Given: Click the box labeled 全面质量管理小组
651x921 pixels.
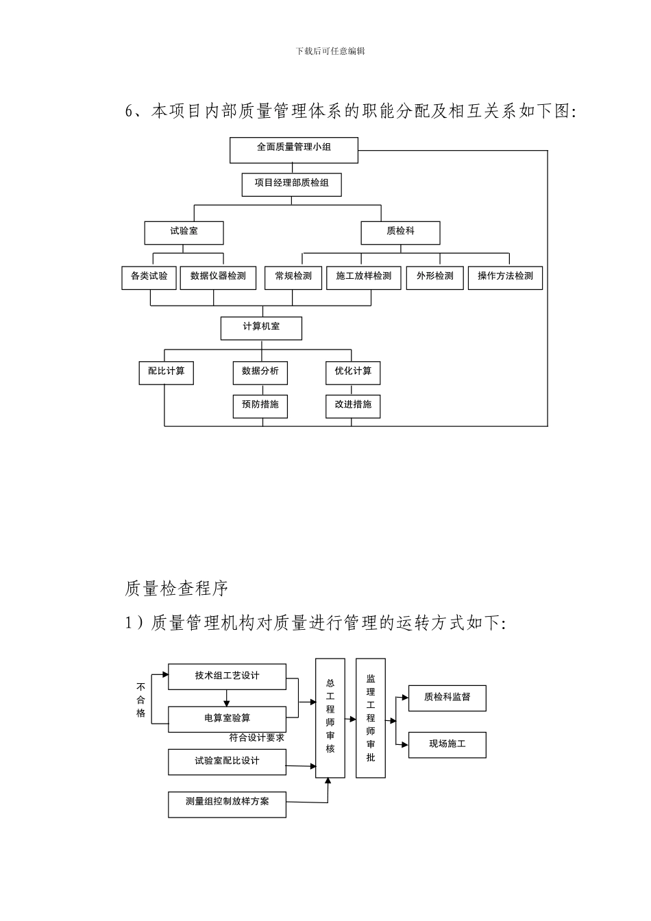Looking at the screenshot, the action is pos(293,150).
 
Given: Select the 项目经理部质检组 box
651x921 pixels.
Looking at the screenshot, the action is pos(291,184).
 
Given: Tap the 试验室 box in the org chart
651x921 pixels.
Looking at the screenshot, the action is pos(184,232).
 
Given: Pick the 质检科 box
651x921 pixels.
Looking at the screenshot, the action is pos(400,232).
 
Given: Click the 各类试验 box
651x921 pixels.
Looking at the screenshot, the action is pos(149,278).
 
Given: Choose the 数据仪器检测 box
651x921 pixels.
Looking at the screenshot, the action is pos(218,278).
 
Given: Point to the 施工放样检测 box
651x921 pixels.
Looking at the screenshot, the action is pos(363,278).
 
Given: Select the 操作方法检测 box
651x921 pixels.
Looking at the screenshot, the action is pos(505,278).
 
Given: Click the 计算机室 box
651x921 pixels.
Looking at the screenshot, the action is pos(261,328).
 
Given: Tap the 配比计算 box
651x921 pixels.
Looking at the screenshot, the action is pos(166,372).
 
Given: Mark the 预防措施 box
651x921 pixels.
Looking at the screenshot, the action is pos(260,406).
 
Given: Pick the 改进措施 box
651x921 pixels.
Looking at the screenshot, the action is pos(352,406).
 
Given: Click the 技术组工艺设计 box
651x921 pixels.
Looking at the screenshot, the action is pos(227,676).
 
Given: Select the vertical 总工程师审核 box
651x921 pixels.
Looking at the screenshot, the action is pos(330,717).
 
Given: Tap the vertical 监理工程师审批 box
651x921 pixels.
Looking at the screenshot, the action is pos(371,717).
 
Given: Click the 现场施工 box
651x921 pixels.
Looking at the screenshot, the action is pos(447,744).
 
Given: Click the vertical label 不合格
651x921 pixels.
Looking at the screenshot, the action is pos(140,700).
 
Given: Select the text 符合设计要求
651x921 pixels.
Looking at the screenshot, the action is pos(256,738).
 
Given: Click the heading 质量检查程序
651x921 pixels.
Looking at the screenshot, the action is pos(177,588).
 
